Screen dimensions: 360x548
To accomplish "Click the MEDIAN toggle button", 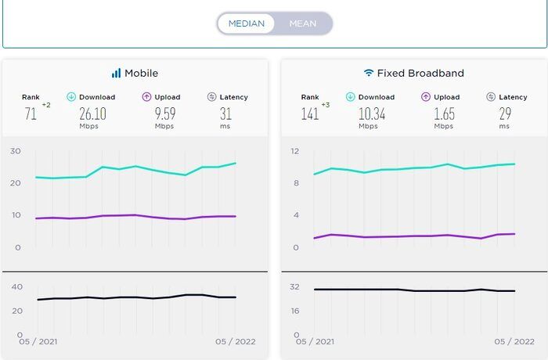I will coord(246,23).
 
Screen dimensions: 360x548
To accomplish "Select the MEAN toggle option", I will coord(303,23).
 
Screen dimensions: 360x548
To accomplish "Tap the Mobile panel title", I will coord(141,73).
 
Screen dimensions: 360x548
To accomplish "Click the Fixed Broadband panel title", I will coord(420,73).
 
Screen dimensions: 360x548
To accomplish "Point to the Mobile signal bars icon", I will coord(116,73).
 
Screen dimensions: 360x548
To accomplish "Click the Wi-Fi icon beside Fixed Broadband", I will coord(368,73).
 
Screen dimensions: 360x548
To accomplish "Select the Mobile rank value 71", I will coord(31,113).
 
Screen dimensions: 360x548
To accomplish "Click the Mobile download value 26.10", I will coord(92,113).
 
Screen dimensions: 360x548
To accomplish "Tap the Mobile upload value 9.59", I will coord(164,113).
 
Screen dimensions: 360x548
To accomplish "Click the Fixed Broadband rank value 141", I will coord(309,113).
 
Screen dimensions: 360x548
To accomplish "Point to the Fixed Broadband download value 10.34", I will coord(372,113).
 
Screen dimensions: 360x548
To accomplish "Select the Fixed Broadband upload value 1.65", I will coord(443,113).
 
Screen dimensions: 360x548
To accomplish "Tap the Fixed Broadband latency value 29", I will coord(506,113).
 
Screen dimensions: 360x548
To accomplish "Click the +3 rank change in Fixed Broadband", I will coord(325,104).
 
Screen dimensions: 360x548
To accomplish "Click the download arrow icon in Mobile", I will coord(71,97).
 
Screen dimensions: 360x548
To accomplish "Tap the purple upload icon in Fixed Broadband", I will coord(426,97).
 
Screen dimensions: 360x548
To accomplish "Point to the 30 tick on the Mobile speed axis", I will coord(16,150).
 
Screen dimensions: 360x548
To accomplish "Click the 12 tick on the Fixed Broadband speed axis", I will coord(294,150).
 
